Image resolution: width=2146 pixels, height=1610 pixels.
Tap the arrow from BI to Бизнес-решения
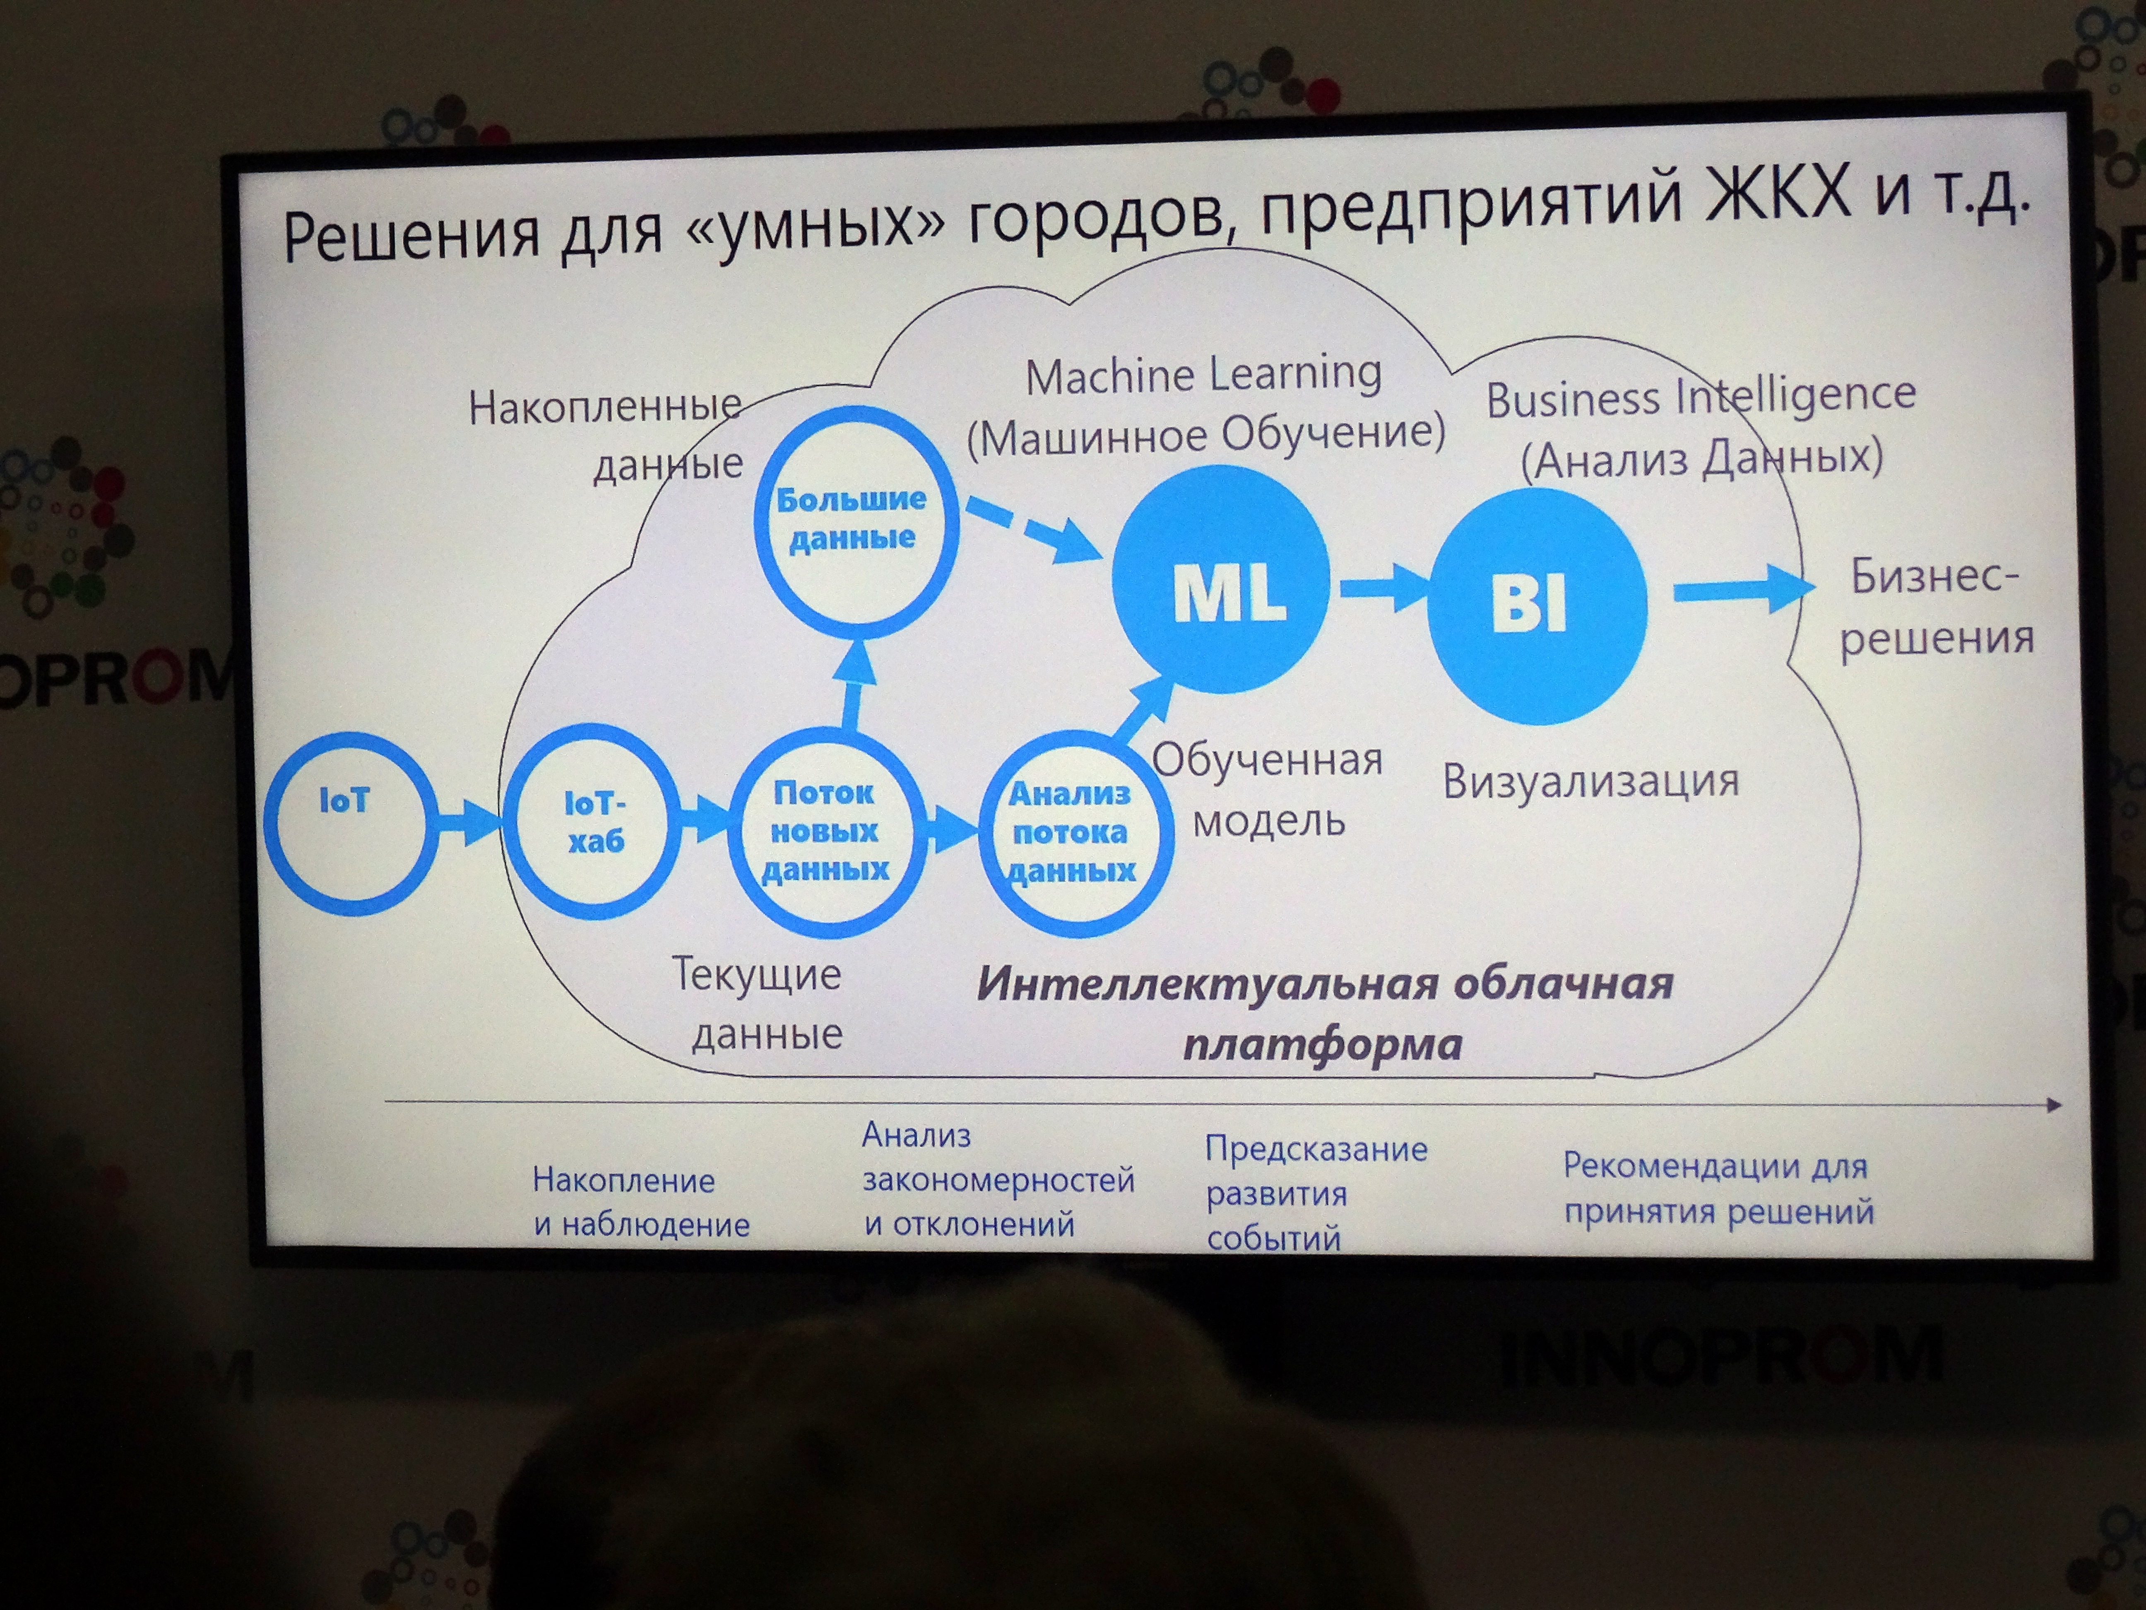[x=1743, y=589]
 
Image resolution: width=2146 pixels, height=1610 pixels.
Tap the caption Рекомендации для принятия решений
[x=1717, y=1188]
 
